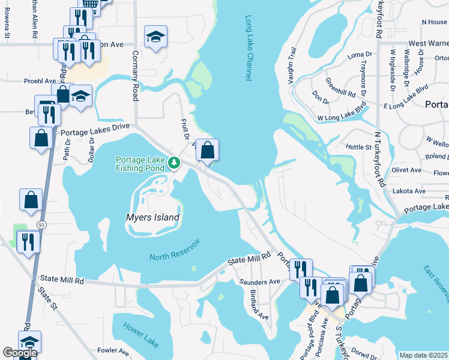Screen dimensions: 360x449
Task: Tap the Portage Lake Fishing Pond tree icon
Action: click(173, 163)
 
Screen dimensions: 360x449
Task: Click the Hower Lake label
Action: click(139, 332)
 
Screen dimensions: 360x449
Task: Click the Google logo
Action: click(20, 353)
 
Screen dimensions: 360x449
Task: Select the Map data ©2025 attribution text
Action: click(423, 355)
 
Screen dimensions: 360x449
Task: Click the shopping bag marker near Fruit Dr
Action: click(207, 151)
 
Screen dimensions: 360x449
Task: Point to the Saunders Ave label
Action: click(260, 281)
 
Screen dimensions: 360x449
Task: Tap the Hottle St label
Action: click(359, 146)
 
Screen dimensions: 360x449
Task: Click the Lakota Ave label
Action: click(409, 191)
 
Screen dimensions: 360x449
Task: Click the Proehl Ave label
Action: click(40, 80)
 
